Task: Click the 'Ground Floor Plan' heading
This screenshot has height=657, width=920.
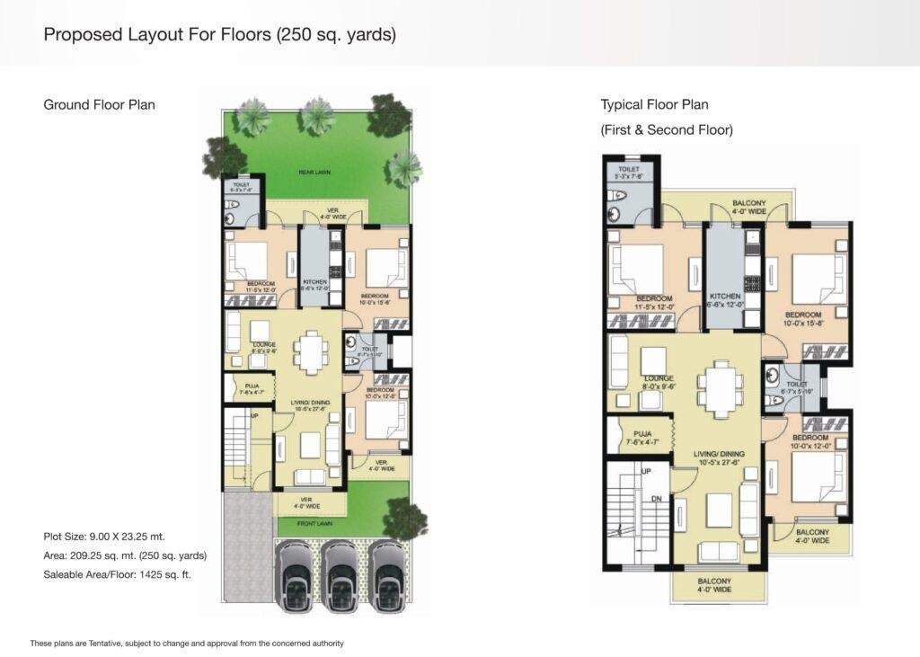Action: click(99, 104)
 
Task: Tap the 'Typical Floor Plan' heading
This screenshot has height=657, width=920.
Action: click(654, 104)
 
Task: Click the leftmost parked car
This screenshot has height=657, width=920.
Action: click(295, 577)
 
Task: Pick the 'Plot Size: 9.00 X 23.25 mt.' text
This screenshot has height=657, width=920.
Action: click(104, 536)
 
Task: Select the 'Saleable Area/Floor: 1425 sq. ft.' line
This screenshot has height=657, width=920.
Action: click(117, 573)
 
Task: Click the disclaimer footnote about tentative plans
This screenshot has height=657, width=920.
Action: click(187, 643)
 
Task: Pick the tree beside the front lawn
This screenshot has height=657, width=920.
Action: click(406, 519)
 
